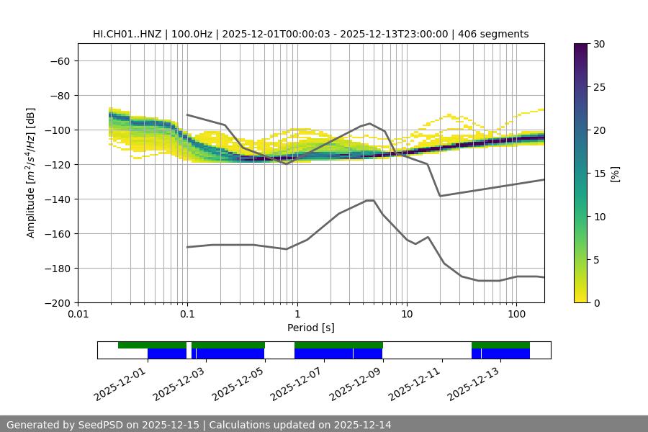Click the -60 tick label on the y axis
[x=59, y=61]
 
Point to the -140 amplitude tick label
[x=56, y=199]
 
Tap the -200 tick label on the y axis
[x=56, y=303]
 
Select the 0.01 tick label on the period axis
[x=78, y=315]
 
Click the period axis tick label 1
[x=297, y=315]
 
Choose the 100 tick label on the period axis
[x=516, y=315]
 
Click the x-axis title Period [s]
[x=311, y=328]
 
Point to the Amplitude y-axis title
[x=31, y=174]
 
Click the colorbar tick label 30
[x=599, y=44]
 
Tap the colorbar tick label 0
[x=597, y=303]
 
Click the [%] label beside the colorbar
[x=615, y=174]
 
